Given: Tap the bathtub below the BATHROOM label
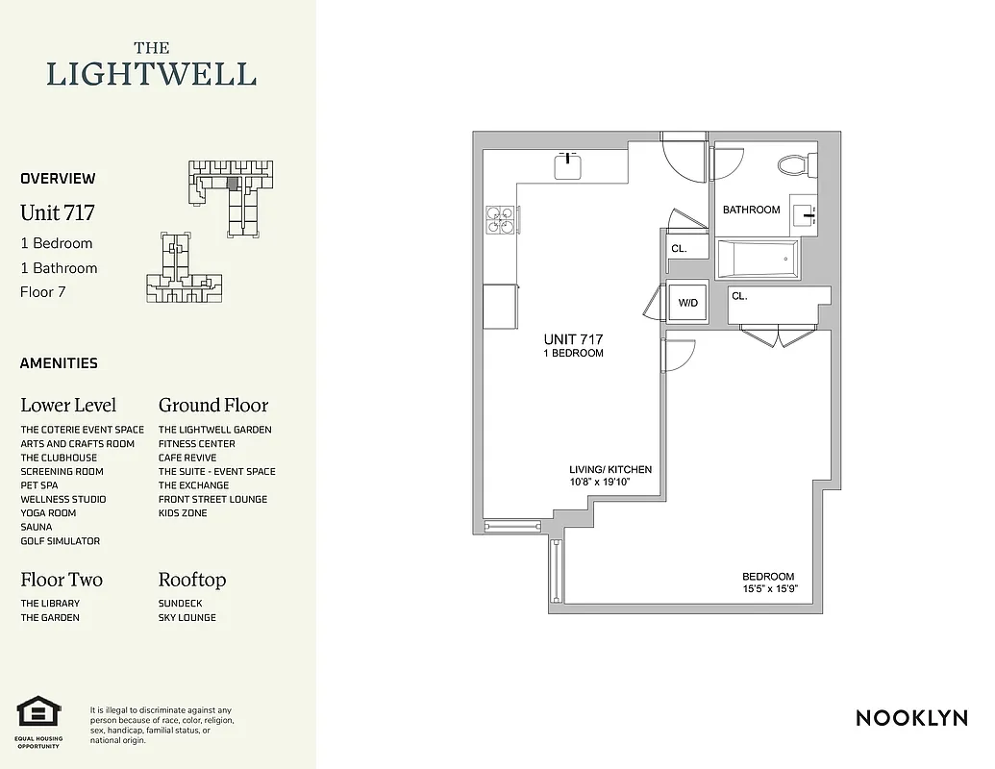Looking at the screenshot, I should point(759,259).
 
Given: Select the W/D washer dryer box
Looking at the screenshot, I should point(688,303).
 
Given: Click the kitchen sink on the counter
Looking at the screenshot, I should point(569,165).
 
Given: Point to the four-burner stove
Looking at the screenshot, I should point(500,220).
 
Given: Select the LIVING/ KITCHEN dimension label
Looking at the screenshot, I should point(610,476).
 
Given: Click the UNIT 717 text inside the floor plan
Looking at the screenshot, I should point(573,339).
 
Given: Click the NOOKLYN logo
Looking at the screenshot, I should point(911,718).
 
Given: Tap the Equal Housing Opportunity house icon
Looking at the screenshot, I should point(38,712).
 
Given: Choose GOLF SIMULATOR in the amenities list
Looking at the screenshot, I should point(61,541).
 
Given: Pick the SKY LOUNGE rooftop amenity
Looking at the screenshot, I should point(187,617).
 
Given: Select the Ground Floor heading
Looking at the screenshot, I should point(213,405).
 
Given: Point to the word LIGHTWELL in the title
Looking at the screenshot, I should point(152,74).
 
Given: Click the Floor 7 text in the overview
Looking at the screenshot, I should point(43,292).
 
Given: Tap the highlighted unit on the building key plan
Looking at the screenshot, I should point(232,182).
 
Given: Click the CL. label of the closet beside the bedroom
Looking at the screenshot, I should point(739,297).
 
